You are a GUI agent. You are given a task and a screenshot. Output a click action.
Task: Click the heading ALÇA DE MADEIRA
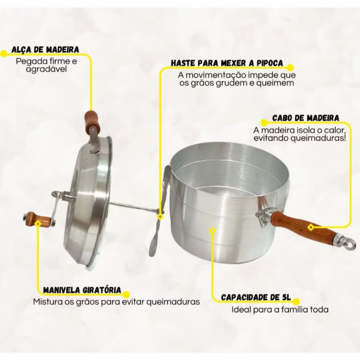(45, 50)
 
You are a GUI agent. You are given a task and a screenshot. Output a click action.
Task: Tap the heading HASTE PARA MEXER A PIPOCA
(227, 63)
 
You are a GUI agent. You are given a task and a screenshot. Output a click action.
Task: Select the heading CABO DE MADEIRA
(306, 118)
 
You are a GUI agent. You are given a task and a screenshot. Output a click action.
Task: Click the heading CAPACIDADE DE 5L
(256, 297)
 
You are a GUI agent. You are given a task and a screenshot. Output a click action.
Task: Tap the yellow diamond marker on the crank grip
(38, 223)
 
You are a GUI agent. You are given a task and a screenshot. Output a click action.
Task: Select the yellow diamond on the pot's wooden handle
(311, 227)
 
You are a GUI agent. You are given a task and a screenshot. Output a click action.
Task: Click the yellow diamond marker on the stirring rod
(160, 216)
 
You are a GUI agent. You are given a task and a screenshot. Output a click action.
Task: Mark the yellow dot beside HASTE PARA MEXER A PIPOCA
(290, 67)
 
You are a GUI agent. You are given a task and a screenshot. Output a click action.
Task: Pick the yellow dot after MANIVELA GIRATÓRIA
(126, 295)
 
